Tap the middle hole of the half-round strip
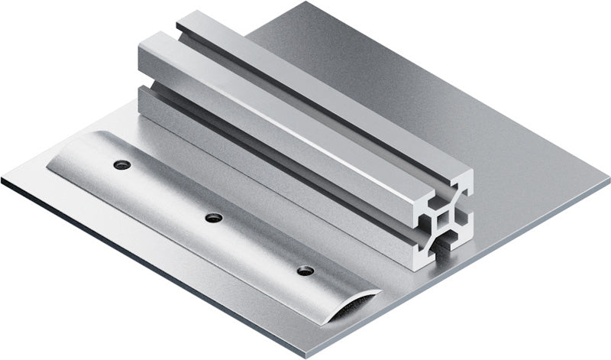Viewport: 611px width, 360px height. [214, 218]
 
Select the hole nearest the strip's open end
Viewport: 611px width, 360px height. [305, 271]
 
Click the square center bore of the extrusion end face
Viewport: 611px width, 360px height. [442, 222]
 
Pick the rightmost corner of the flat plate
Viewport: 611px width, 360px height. [608, 182]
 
